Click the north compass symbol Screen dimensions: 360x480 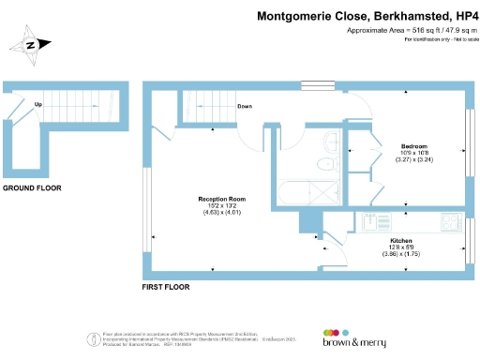(31, 44)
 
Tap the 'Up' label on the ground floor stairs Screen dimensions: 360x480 (38, 103)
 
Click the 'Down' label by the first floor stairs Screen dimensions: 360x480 (245, 106)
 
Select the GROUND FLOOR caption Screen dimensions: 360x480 (32, 187)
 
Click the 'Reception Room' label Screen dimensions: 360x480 (221, 199)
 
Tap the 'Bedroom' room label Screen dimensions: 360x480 (414, 146)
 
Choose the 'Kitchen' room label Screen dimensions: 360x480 (402, 240)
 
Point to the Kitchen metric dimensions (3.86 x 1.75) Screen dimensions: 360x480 (402, 255)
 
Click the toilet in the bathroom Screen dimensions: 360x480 (325, 165)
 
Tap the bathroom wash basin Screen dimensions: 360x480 (331, 142)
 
